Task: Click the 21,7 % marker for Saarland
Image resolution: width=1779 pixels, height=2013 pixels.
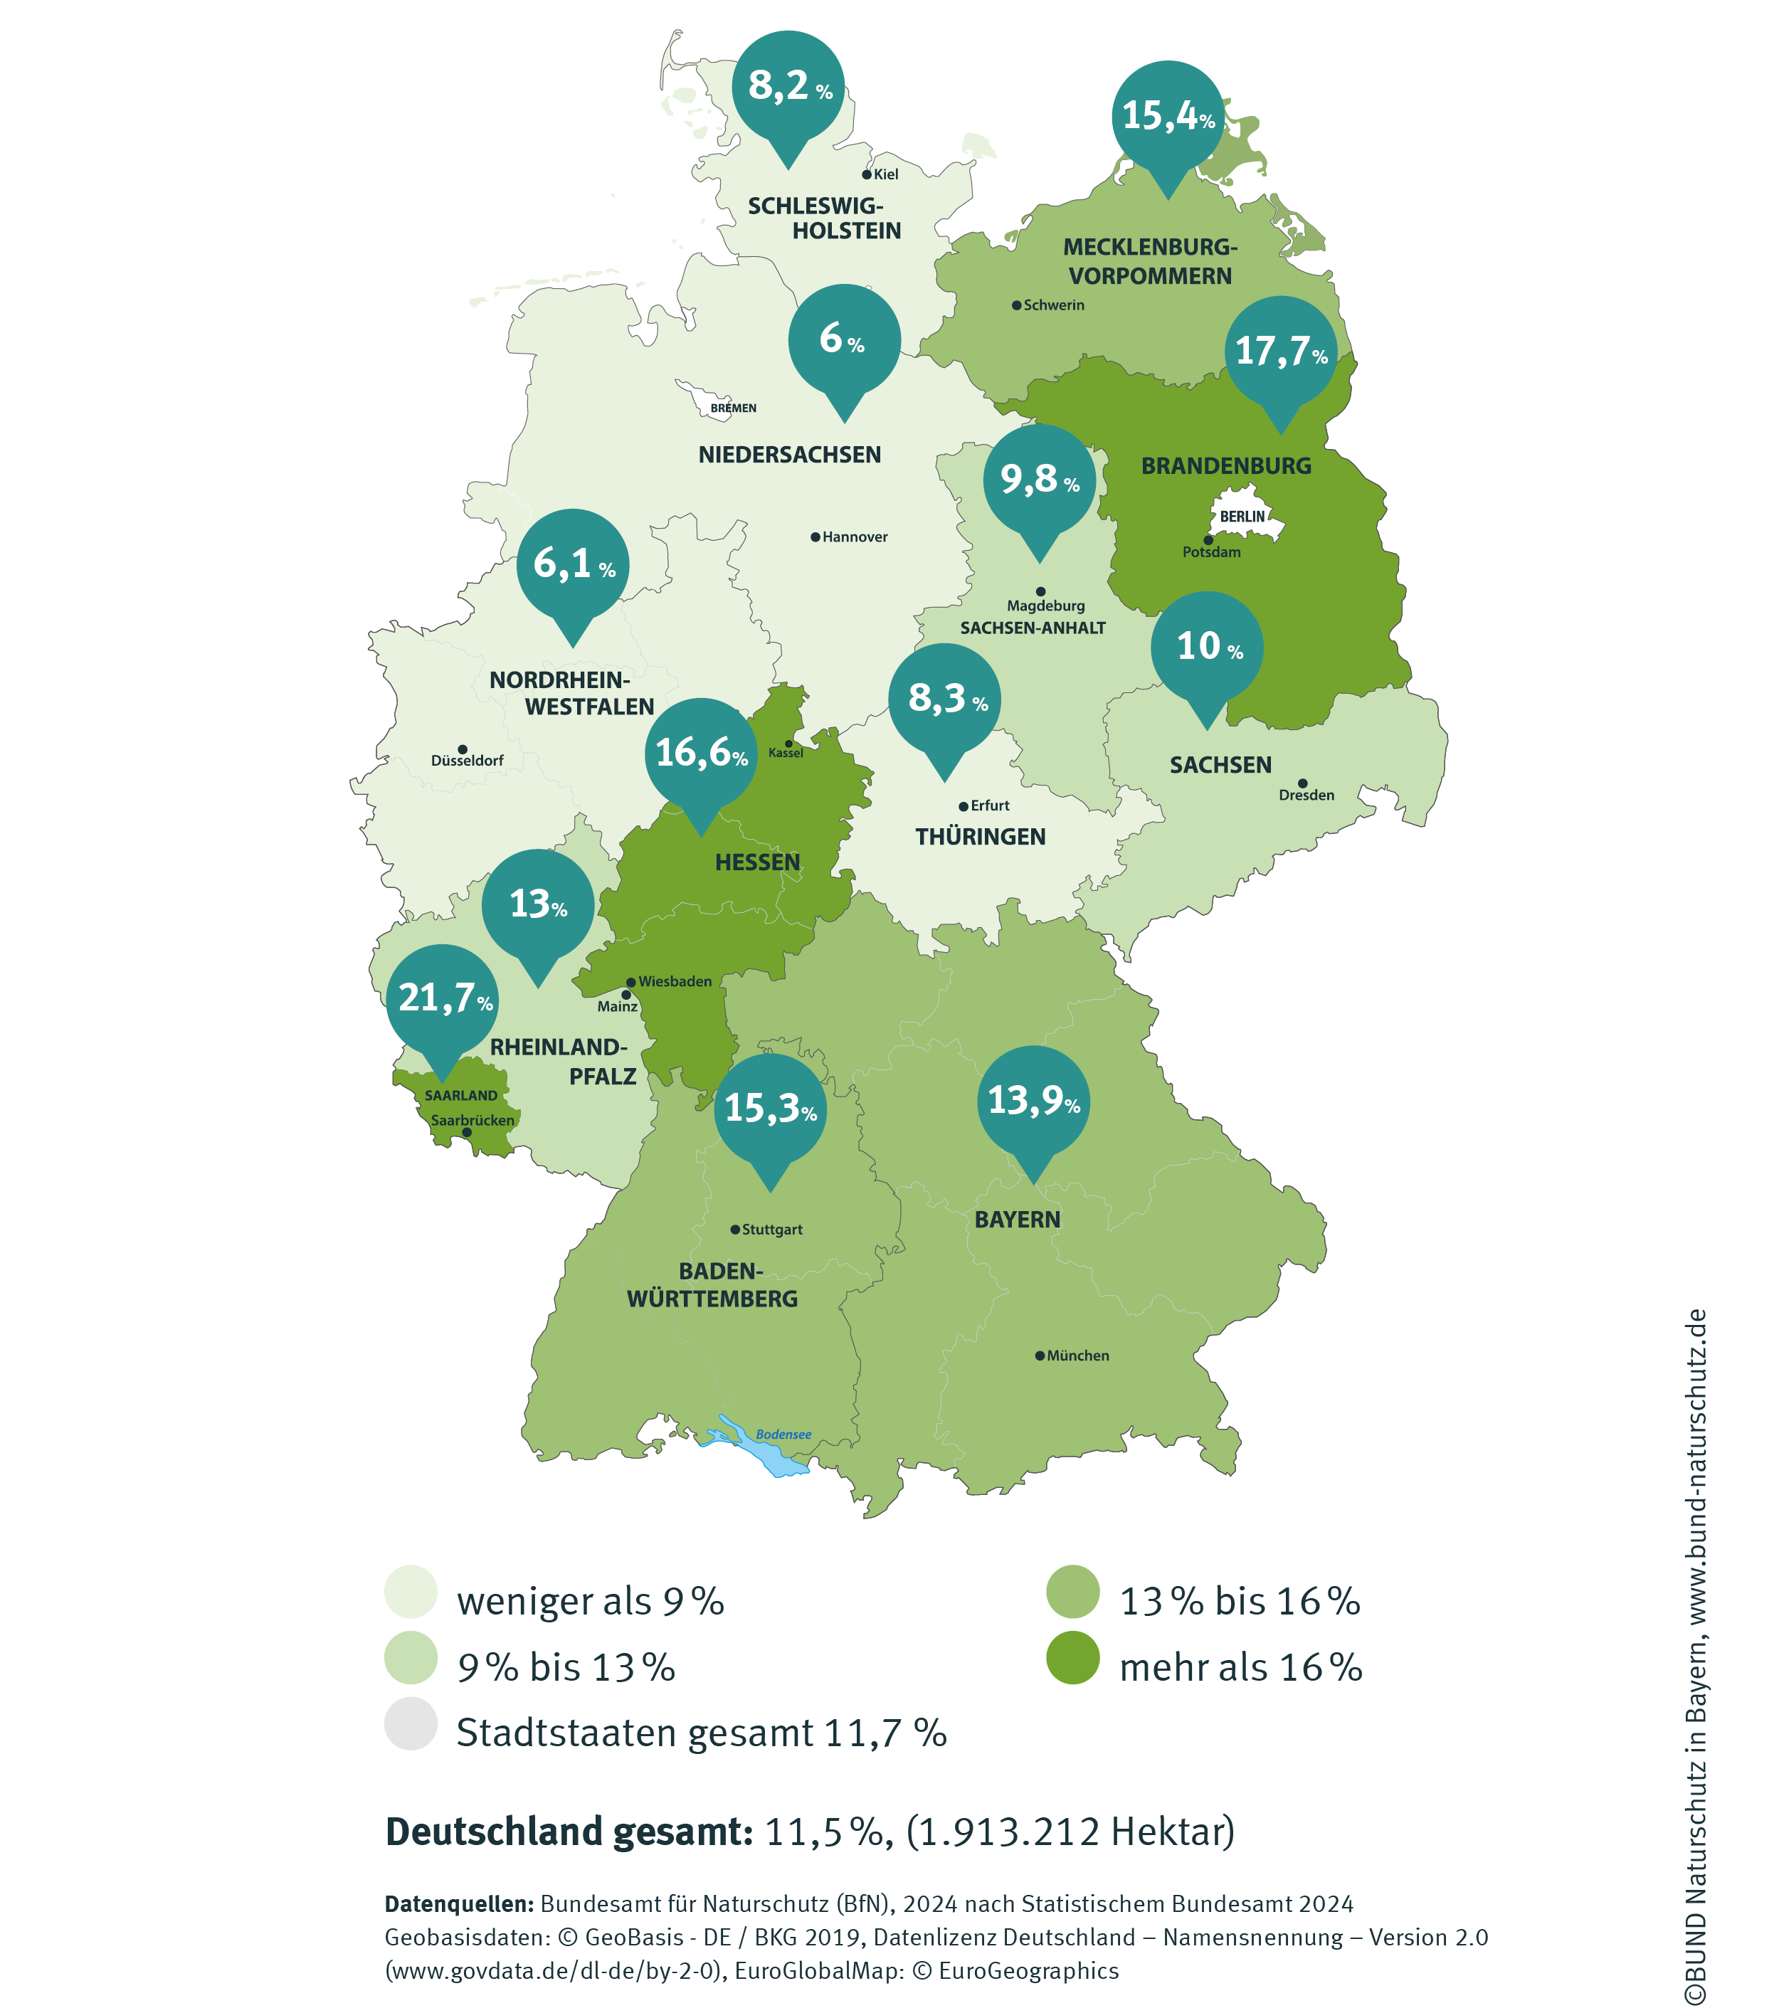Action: pyautogui.click(x=443, y=1000)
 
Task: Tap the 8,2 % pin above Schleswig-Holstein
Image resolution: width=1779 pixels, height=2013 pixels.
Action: pyautogui.click(x=789, y=87)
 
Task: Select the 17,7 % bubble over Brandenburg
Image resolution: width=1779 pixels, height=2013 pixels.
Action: pyautogui.click(x=1281, y=352)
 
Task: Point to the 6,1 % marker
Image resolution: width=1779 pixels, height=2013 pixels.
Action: pyautogui.click(x=574, y=564)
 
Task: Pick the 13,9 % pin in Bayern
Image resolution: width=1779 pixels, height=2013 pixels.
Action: pyautogui.click(x=1033, y=1101)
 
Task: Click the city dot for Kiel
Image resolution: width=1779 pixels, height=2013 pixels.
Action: pyautogui.click(x=867, y=174)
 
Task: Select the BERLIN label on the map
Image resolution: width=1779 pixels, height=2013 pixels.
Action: pyautogui.click(x=1242, y=516)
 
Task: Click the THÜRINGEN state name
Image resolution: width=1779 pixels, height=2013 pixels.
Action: pyautogui.click(x=980, y=837)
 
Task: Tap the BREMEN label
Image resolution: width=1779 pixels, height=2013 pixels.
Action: pyautogui.click(x=733, y=408)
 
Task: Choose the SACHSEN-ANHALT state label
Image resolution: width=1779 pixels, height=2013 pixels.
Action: pyautogui.click(x=1033, y=628)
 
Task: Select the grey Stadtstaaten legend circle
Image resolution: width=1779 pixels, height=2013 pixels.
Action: pyautogui.click(x=411, y=1724)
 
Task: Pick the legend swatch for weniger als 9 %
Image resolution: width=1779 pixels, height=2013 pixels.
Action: pyautogui.click(x=411, y=1592)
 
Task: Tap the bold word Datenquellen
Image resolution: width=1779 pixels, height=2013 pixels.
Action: pyautogui.click(x=458, y=1903)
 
